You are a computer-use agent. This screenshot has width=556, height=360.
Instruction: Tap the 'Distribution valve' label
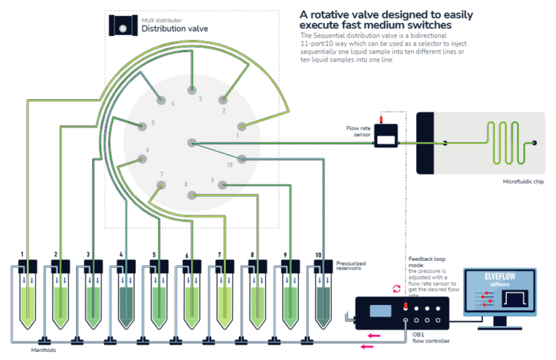[174, 30]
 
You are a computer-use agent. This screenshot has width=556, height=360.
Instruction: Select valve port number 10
[243, 159]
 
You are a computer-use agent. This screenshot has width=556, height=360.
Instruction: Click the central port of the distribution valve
[191, 143]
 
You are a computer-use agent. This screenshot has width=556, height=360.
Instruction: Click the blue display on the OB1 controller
[380, 310]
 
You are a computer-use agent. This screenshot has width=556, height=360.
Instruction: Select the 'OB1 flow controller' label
[427, 338]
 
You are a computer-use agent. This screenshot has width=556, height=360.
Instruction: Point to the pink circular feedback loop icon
[396, 288]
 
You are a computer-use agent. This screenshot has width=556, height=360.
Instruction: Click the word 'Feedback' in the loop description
[423, 259]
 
